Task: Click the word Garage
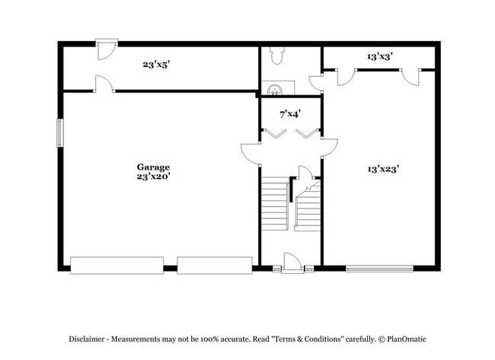(153, 167)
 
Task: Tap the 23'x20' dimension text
(153, 177)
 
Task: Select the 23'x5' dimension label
(155, 65)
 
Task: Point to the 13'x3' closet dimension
(378, 56)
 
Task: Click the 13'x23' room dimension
(383, 169)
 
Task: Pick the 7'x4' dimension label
(290, 114)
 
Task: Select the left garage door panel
(117, 265)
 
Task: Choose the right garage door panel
(214, 265)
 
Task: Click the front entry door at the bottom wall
(292, 263)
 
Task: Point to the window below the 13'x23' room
(380, 267)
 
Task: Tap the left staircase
(274, 205)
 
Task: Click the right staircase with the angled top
(308, 207)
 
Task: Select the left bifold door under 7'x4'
(273, 134)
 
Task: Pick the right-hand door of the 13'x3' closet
(412, 75)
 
